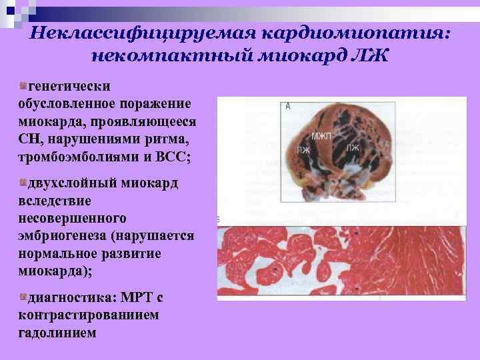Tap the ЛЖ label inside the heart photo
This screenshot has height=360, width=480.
click(353, 148)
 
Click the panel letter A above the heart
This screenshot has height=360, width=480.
click(287, 106)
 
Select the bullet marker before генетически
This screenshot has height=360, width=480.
click(24, 85)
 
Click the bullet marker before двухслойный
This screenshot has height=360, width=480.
click(24, 182)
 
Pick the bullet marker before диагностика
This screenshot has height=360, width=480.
click(24, 296)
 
